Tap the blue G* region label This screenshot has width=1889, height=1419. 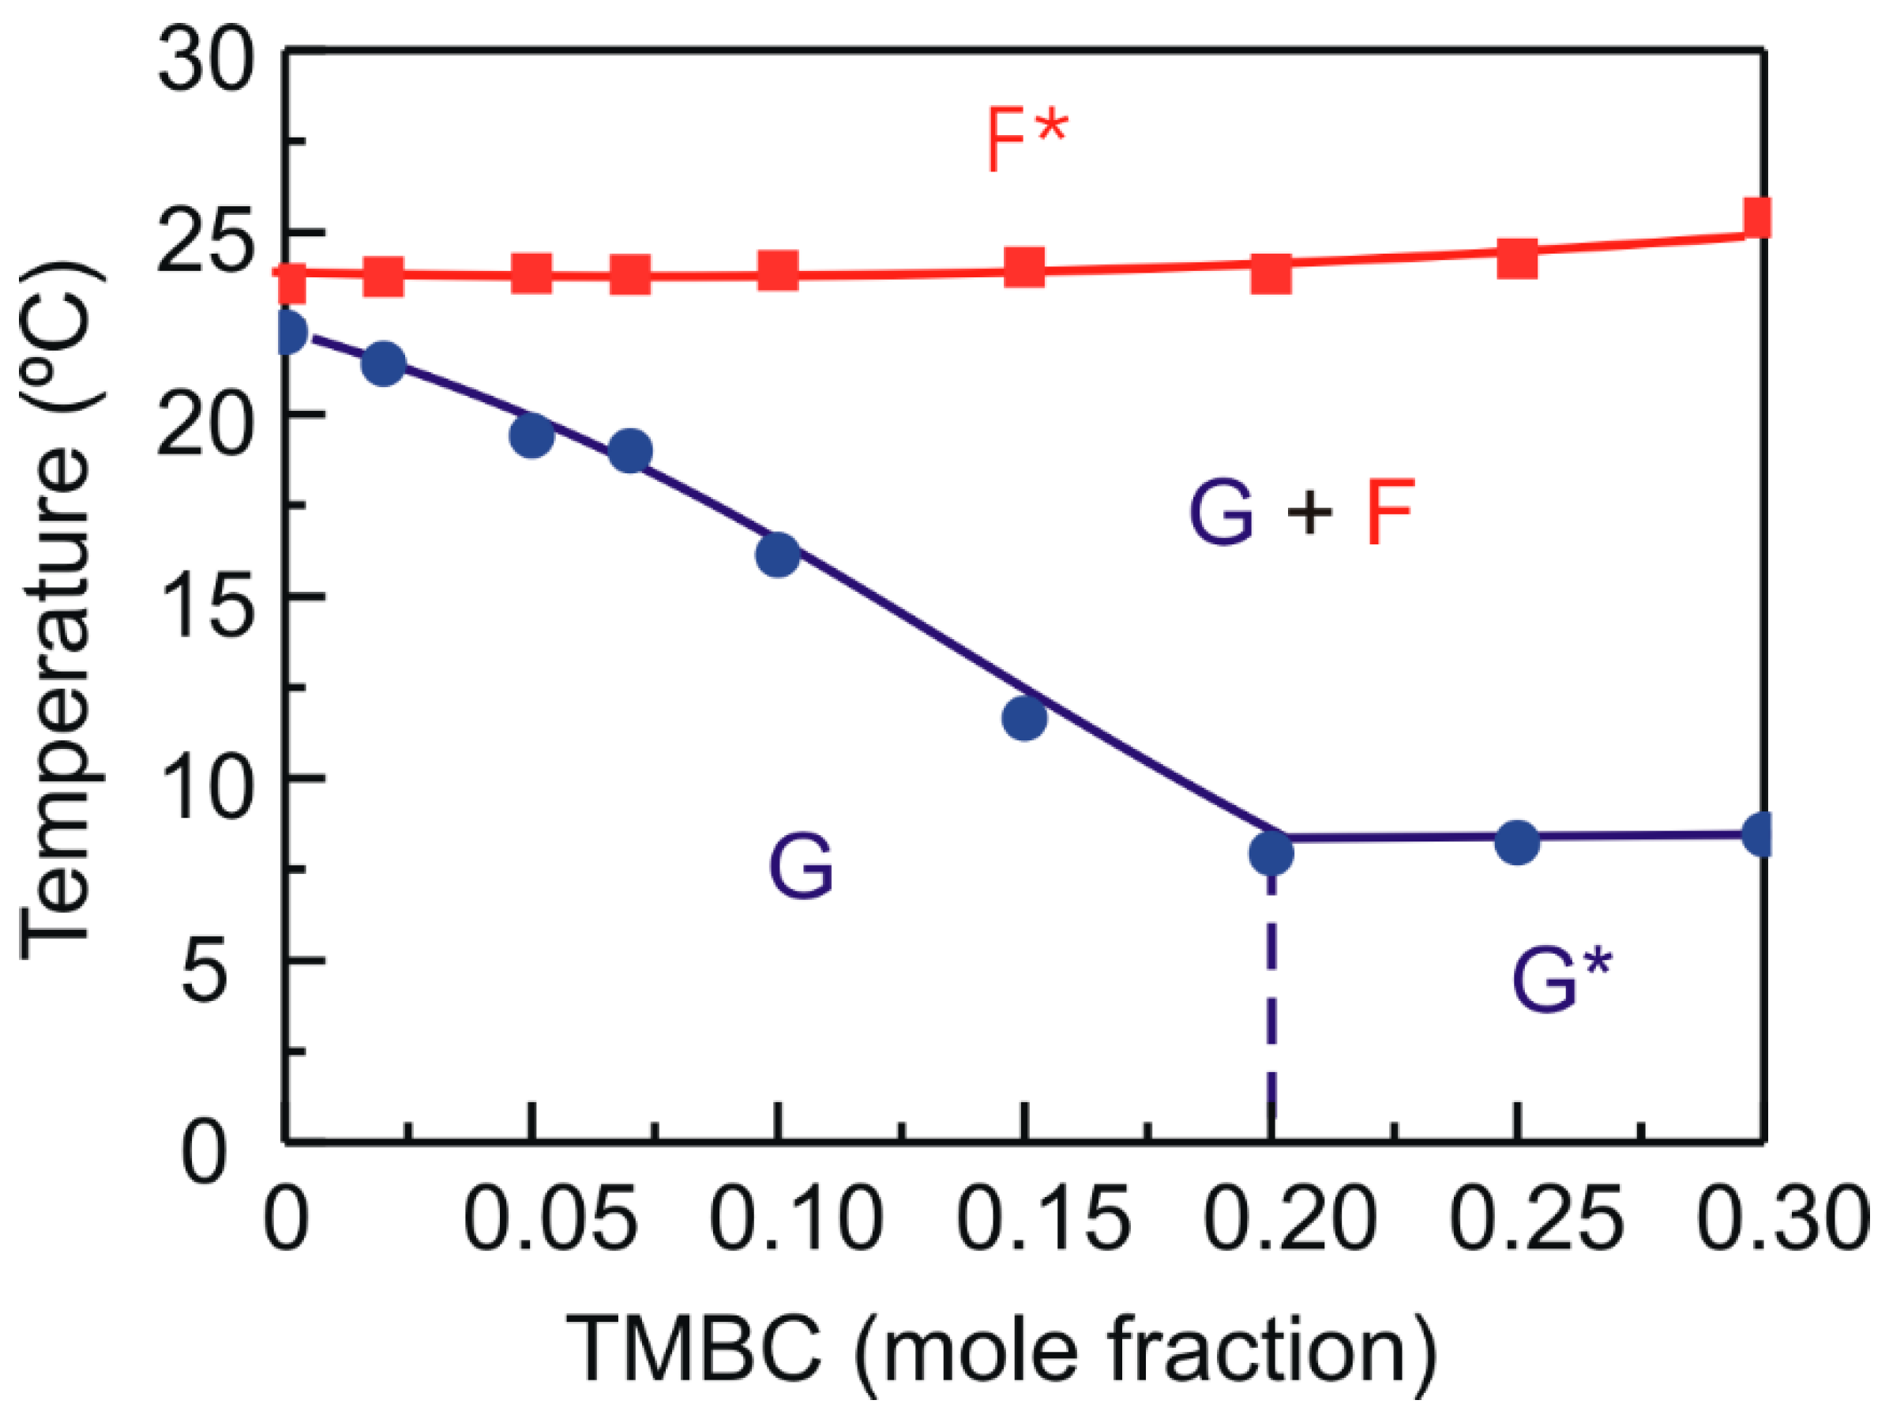(1560, 981)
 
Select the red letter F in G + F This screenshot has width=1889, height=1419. (1390, 511)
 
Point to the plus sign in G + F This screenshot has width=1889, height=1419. (1310, 514)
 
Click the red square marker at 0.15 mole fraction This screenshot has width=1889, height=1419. (1024, 269)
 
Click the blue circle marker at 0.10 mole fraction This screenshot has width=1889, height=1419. (777, 555)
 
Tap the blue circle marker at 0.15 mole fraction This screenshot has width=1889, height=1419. (1024, 717)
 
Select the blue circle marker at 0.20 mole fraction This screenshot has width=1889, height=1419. (1271, 852)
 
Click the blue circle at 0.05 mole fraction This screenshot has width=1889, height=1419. (531, 435)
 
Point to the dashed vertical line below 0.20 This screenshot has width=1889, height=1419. (1271, 1008)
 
